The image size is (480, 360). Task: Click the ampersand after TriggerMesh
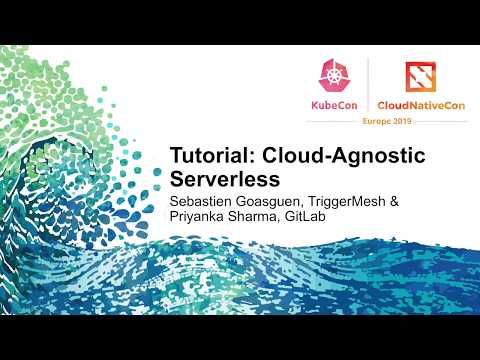coord(393,202)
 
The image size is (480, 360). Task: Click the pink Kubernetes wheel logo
coord(334,77)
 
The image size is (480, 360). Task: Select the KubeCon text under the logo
coord(334,105)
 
